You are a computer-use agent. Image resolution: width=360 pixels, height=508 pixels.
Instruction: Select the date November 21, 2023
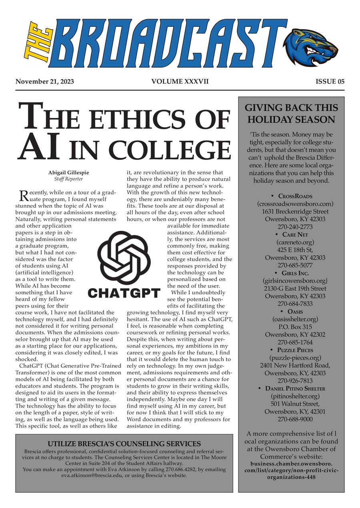[x=45, y=82]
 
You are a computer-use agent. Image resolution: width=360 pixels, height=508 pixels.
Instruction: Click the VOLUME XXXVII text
[x=180, y=82]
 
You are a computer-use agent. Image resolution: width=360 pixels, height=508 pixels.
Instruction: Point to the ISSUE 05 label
[x=330, y=82]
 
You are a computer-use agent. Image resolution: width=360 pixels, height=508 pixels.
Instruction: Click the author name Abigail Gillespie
[x=68, y=173]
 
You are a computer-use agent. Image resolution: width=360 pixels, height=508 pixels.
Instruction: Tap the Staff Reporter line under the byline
[x=68, y=179]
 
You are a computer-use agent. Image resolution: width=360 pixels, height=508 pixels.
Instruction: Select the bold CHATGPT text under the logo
[x=124, y=293]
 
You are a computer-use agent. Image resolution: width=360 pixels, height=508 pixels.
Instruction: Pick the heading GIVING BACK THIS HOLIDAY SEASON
[x=291, y=114]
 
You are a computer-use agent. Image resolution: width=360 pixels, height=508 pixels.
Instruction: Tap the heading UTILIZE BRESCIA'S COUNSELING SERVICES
[x=124, y=444]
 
